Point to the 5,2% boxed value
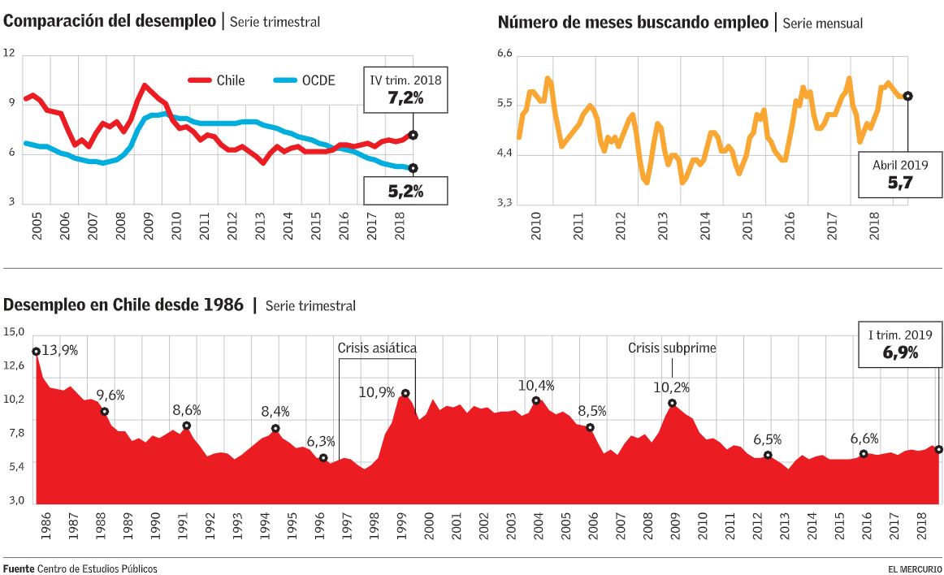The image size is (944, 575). (x=405, y=192)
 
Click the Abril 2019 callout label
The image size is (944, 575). (x=899, y=165)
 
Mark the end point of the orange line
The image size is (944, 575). (x=907, y=96)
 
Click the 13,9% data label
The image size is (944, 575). (x=58, y=350)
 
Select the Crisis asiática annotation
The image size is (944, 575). (x=377, y=348)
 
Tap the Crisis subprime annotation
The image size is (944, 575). (x=672, y=348)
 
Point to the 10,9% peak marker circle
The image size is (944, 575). (x=405, y=393)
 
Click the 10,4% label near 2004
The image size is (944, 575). (x=536, y=385)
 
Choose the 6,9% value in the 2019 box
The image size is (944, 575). (x=899, y=353)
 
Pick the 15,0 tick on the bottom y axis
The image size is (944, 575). (x=15, y=331)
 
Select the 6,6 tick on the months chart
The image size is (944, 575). (x=504, y=54)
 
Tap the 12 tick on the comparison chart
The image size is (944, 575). (x=10, y=54)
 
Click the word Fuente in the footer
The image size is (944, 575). (x=18, y=569)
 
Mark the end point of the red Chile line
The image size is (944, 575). (x=413, y=135)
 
